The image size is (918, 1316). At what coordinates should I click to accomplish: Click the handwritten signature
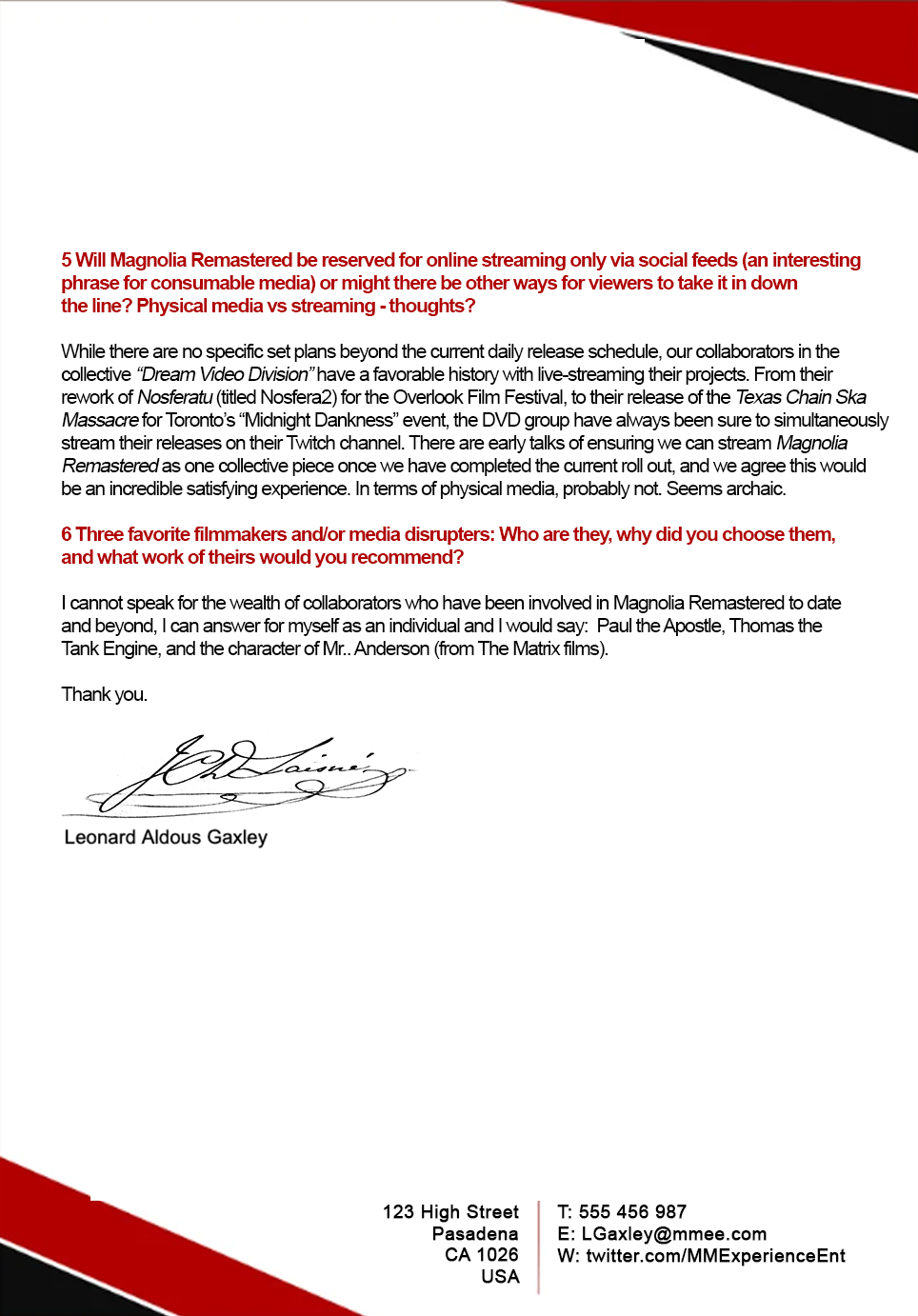248,773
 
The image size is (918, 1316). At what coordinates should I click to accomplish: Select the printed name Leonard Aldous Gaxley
166,837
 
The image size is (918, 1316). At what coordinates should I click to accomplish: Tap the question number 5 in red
67,260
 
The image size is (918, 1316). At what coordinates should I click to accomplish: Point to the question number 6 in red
67,534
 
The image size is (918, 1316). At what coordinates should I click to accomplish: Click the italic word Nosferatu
174,397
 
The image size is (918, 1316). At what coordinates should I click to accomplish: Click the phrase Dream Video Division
225,374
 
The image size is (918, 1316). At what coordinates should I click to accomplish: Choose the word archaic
755,489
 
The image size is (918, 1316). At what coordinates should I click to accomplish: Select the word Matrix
537,648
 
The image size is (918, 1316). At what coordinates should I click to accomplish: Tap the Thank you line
104,694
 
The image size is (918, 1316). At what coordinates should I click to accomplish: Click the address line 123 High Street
450,1212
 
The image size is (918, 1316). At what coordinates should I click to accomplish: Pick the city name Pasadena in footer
475,1234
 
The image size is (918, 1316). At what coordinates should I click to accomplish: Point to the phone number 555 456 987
632,1212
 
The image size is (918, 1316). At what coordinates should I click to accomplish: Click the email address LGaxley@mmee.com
674,1234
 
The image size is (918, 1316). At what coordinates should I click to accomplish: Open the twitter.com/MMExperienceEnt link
715,1256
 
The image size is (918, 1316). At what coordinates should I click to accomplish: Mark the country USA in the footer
500,1277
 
